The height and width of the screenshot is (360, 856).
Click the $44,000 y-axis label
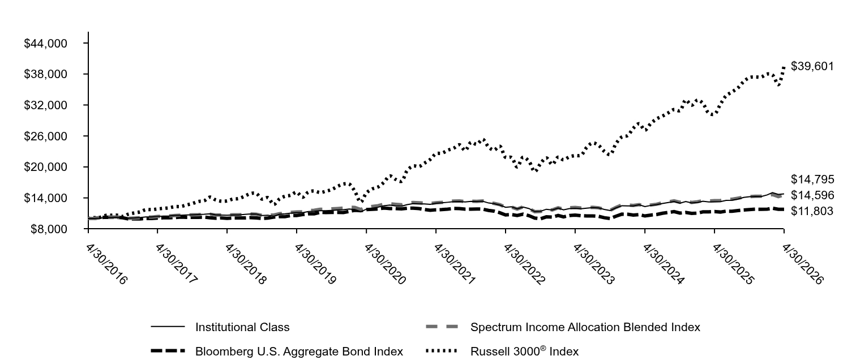coord(45,44)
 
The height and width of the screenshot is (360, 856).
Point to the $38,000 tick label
coord(45,74)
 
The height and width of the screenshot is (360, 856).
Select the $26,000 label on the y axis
coord(45,136)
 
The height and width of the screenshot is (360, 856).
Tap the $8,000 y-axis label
coord(49,229)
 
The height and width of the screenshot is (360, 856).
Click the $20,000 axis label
coord(45,168)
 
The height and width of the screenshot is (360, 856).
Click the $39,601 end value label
coord(812,66)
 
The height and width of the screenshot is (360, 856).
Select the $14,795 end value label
coord(812,179)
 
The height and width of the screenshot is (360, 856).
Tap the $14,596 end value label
coord(812,196)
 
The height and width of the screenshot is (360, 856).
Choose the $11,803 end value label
coord(812,211)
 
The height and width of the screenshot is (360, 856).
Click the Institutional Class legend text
coord(242,328)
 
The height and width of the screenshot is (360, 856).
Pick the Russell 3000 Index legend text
coord(524,351)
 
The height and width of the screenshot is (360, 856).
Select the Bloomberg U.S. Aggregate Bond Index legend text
coord(299,352)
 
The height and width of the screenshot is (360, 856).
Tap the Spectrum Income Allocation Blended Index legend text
coord(585,328)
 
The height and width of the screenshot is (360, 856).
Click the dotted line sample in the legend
coord(442,350)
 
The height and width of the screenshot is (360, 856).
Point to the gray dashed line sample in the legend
coord(442,327)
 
